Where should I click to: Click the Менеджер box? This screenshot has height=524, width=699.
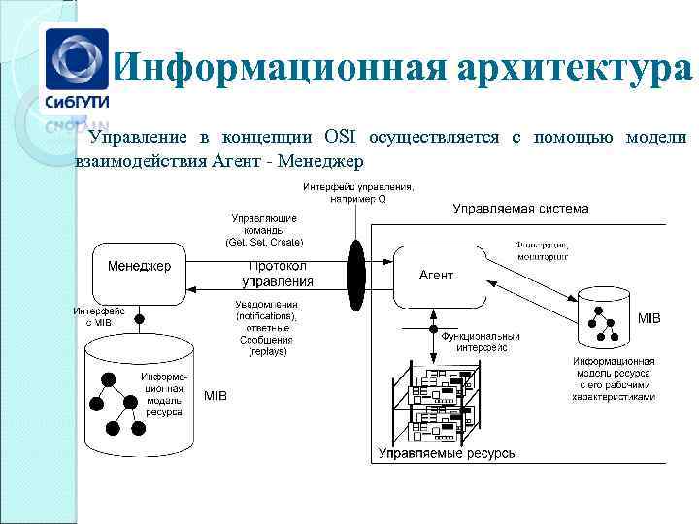tap(138, 274)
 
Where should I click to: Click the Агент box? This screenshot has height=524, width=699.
tap(437, 277)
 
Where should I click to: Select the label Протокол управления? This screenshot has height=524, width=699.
tap(278, 274)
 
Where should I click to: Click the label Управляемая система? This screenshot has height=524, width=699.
tap(520, 209)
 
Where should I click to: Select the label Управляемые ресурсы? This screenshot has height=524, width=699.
tap(448, 454)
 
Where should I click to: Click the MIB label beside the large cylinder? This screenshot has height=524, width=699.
tap(216, 396)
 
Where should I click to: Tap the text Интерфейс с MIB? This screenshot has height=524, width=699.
tap(97, 315)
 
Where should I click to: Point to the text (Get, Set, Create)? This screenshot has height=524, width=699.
tap(264, 241)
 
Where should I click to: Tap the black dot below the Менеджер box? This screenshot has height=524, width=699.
tap(139, 318)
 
